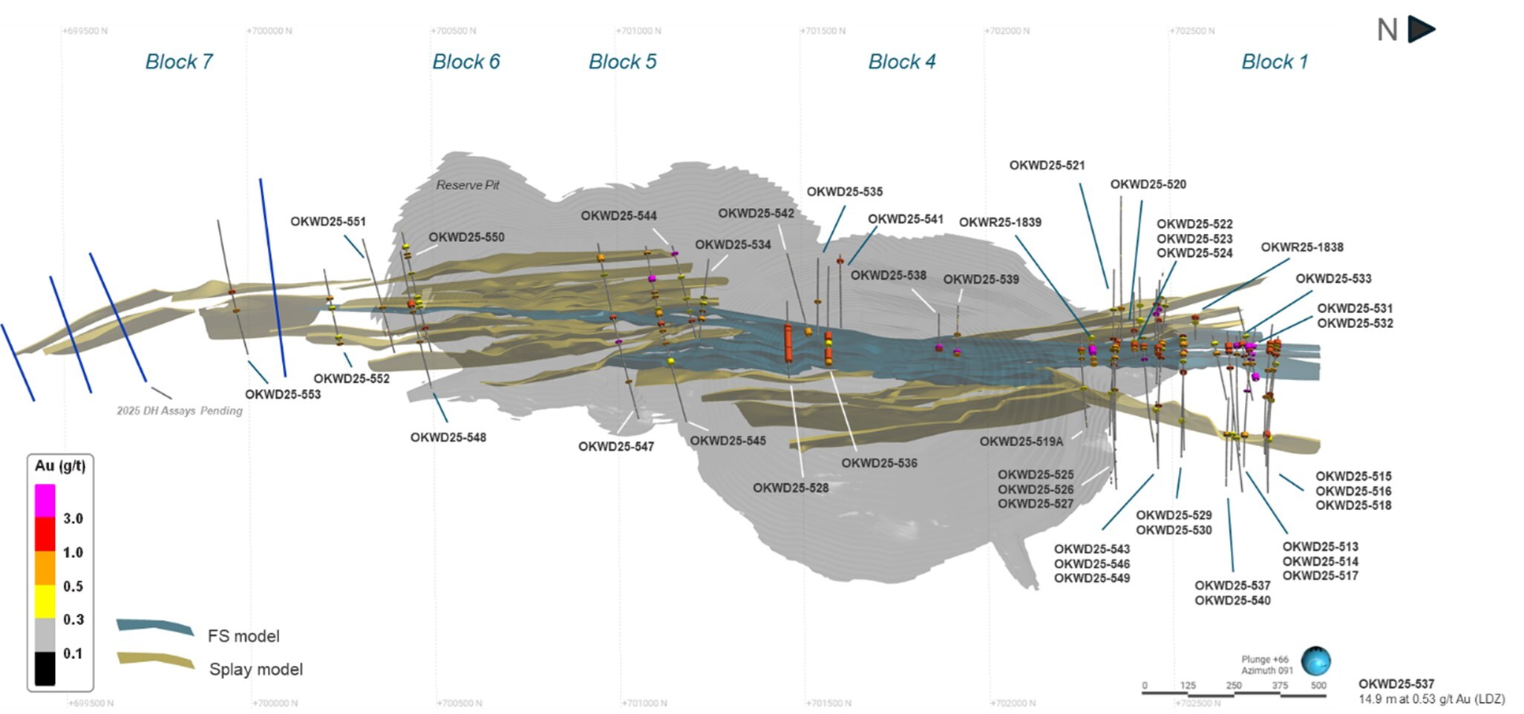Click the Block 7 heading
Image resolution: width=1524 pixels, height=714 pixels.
179,62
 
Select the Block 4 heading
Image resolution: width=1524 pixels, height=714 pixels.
902,62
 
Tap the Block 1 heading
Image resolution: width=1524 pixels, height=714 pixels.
1275,62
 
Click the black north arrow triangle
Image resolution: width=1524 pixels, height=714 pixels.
1421,30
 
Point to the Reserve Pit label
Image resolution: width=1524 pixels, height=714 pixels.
468,185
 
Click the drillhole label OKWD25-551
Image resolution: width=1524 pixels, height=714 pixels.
327,221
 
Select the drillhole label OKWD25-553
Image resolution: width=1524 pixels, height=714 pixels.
283,394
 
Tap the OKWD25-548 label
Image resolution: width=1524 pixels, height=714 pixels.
448,437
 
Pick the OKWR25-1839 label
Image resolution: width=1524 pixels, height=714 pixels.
1000,222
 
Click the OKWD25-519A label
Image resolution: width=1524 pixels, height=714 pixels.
1021,441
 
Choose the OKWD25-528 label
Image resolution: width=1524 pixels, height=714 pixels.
791,488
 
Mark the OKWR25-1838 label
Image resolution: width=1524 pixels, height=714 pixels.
1302,247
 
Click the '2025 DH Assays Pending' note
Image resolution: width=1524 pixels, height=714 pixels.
180,410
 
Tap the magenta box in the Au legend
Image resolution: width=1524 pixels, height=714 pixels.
45,501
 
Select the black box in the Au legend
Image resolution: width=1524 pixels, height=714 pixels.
45,668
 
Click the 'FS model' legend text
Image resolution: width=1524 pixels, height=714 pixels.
243,636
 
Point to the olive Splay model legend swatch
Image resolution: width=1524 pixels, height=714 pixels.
156,661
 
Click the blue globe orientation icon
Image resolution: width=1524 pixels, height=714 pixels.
1315,661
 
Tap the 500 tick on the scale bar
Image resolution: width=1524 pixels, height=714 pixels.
1318,685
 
